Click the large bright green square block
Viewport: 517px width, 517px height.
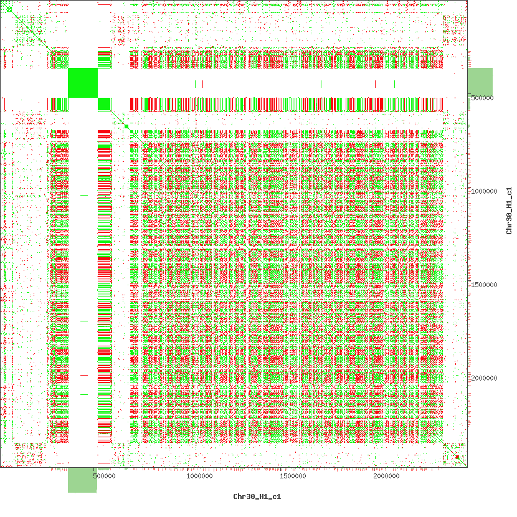(x=83, y=83)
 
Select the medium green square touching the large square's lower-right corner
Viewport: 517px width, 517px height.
(x=104, y=104)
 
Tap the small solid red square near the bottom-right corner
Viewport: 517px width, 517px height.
(x=457, y=458)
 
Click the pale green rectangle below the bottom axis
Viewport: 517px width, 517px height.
(x=82, y=480)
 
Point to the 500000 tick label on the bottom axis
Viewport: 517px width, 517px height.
(x=104, y=477)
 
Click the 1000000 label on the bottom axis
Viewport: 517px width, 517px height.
(x=199, y=477)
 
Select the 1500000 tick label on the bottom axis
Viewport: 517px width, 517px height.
(x=292, y=477)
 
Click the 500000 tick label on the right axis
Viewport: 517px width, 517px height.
(x=483, y=98)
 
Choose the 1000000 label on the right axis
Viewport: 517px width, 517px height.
(x=483, y=192)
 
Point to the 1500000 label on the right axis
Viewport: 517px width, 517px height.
(x=483, y=285)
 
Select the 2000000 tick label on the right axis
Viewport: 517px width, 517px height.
(x=483, y=379)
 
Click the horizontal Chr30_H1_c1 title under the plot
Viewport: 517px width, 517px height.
(x=257, y=497)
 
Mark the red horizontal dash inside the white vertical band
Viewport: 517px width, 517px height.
(x=83, y=375)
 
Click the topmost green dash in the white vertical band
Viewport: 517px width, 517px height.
(x=84, y=195)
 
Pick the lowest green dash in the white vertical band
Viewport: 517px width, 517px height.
(x=83, y=395)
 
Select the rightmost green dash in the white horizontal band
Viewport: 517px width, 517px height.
(x=394, y=83)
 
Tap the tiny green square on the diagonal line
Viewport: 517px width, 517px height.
(x=126, y=127)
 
